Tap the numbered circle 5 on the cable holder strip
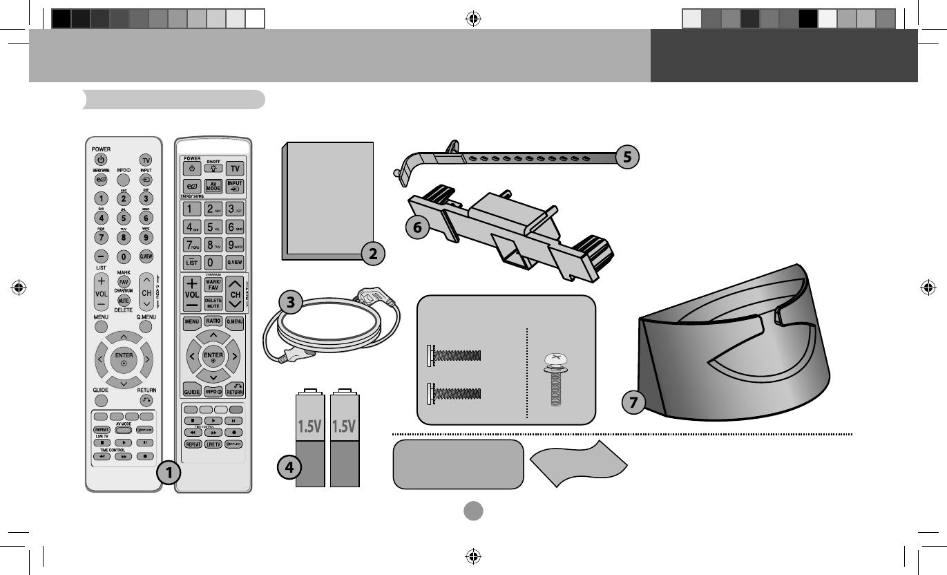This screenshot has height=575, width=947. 626,157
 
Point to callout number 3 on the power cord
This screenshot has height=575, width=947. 291,303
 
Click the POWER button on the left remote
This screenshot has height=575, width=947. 101,160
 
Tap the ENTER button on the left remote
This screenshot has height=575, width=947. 124,359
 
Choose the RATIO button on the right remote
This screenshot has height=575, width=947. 213,321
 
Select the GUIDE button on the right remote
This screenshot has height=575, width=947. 192,391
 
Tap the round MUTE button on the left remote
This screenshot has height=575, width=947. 124,301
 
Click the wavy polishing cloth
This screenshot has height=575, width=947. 579,465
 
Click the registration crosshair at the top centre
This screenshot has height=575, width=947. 473,19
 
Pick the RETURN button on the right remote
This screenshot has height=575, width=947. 234,390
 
